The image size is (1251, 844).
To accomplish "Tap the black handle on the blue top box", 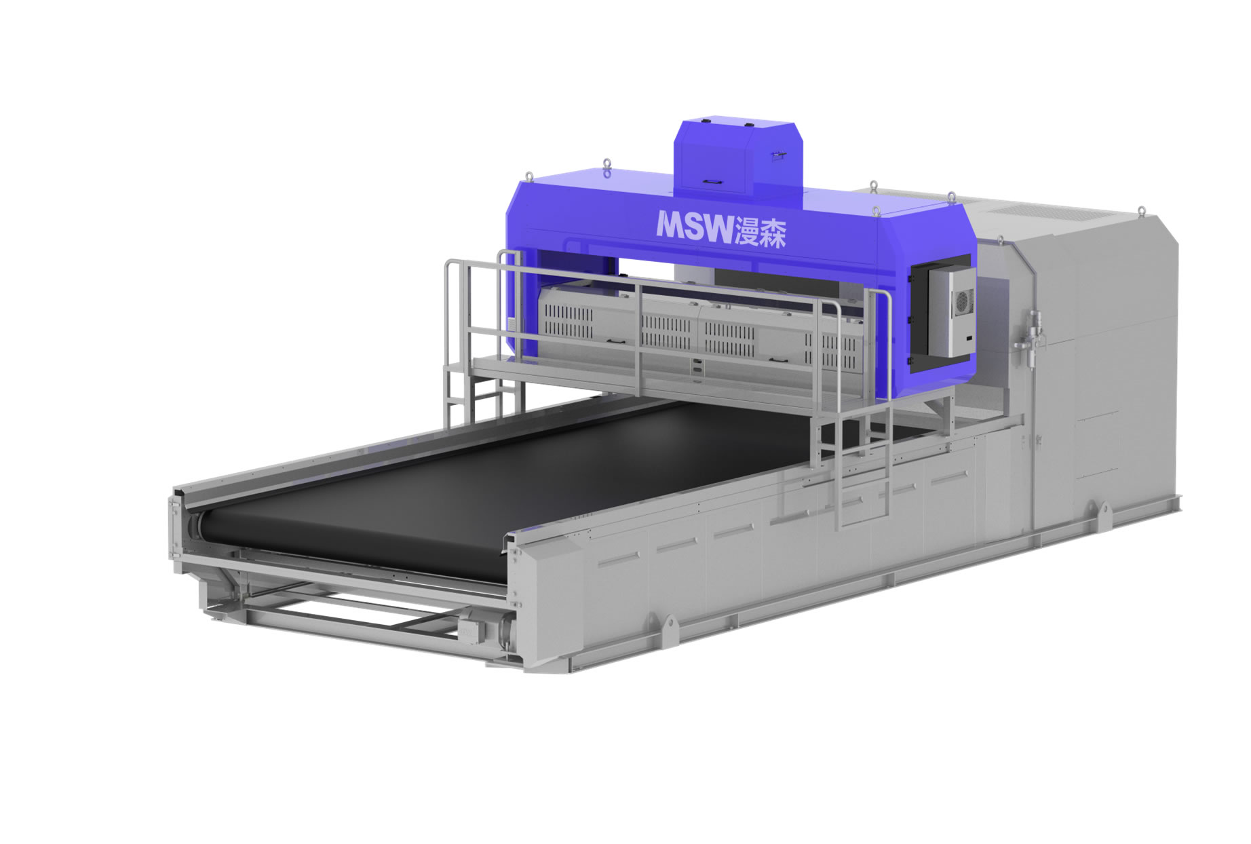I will [x=712, y=181].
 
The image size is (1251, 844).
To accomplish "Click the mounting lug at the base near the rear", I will [x=1100, y=509].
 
